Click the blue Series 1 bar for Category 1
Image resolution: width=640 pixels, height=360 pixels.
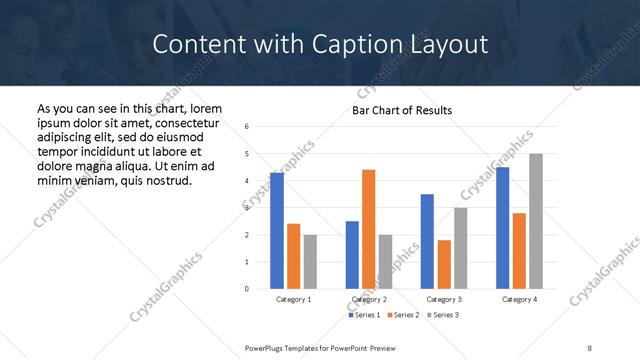click(277, 231)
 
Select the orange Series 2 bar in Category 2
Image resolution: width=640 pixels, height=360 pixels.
click(368, 229)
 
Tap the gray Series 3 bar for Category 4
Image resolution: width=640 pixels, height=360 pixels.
click(536, 221)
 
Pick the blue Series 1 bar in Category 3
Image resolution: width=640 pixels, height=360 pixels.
click(427, 241)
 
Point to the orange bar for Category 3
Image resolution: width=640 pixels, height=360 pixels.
click(444, 264)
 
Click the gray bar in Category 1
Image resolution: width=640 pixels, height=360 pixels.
click(310, 262)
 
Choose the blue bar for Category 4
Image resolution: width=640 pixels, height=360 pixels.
click(502, 228)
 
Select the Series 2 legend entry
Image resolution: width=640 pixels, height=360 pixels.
click(403, 315)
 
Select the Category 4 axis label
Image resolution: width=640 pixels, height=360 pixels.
click(519, 299)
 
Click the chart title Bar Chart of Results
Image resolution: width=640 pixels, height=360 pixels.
click(402, 110)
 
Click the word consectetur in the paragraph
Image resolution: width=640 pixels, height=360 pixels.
click(188, 122)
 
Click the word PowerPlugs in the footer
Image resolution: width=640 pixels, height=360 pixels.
click(268, 348)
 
